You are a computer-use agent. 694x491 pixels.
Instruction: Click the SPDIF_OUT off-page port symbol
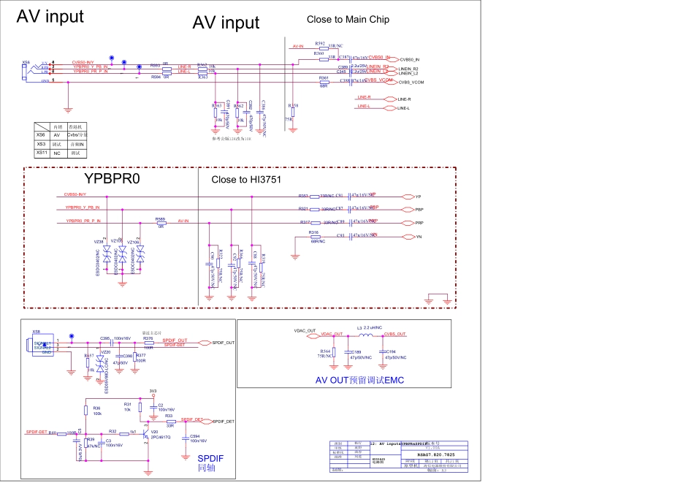(205, 343)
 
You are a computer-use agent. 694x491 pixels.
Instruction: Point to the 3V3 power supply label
(153, 391)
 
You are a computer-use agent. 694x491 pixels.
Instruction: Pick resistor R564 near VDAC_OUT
(327, 354)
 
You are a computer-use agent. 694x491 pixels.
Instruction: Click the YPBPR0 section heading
(111, 179)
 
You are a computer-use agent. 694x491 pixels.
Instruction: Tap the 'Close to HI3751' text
(246, 180)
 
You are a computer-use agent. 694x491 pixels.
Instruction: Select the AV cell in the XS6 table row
(56, 135)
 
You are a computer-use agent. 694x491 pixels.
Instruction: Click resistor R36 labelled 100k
(85, 411)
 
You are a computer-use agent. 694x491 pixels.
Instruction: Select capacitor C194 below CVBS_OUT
(383, 352)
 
